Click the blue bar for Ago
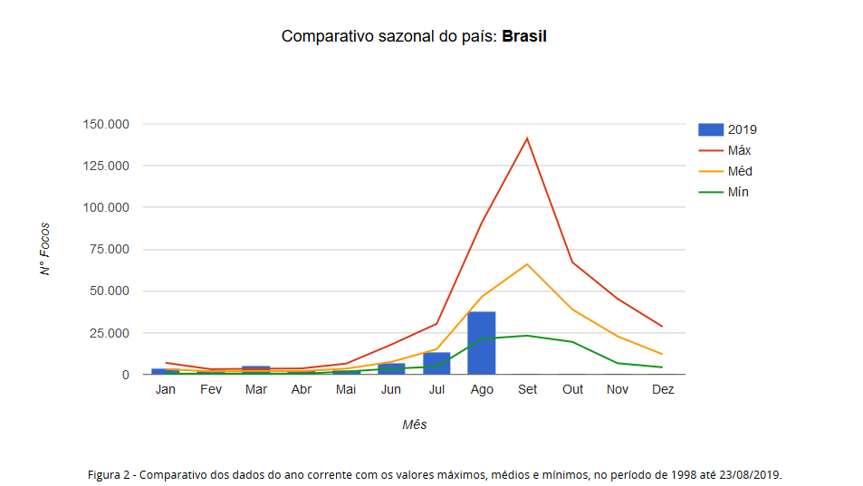click(482, 343)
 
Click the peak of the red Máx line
click(527, 138)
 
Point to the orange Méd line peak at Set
click(527, 264)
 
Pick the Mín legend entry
click(737, 192)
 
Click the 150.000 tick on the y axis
click(106, 124)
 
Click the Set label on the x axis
click(527, 390)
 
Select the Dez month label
click(663, 390)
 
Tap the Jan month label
click(165, 390)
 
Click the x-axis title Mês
click(414, 424)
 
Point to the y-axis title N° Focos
click(45, 249)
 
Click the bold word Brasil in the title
click(524, 37)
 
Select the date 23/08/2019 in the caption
click(746, 474)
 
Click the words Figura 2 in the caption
click(110, 474)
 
